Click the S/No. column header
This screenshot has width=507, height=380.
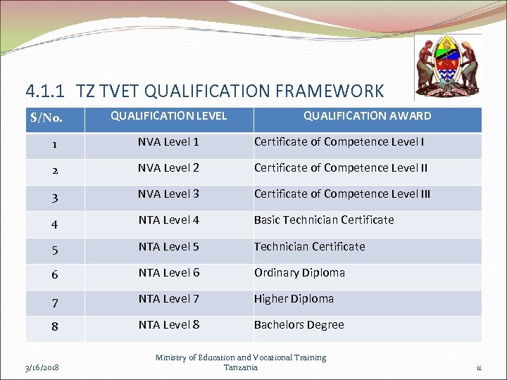[47, 118]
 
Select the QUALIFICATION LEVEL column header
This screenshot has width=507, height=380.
[169, 115]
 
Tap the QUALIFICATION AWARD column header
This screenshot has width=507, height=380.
[367, 115]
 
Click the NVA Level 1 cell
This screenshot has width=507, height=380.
[169, 142]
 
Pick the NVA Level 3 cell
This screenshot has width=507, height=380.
[169, 194]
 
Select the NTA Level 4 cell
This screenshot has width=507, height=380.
[169, 220]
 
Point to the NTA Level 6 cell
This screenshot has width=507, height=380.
[169, 272]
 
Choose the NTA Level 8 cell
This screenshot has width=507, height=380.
[169, 324]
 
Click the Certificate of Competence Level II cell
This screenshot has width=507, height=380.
[341, 168]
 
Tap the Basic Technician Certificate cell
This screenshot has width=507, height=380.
[324, 220]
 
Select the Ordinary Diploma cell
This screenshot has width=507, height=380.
[299, 272]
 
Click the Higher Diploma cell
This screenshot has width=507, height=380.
[294, 298]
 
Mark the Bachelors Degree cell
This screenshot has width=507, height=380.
[299, 324]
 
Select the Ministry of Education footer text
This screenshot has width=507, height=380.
[241, 362]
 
